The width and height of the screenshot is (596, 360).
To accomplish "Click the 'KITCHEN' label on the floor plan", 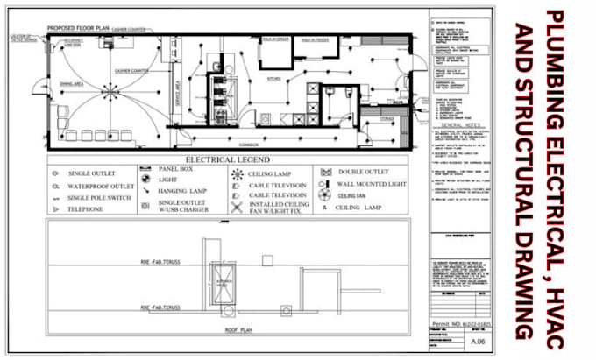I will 273,79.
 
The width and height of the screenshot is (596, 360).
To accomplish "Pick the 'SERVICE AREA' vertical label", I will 177,93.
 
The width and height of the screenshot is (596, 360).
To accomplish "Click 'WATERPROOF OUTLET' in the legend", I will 101,186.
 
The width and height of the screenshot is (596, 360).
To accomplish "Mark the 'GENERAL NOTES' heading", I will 462,125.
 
